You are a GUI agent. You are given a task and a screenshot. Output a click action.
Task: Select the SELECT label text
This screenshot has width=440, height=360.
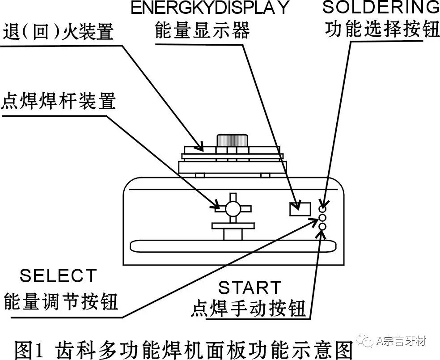coord(58,275)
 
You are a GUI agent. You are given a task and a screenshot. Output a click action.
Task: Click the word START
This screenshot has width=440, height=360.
coord(250,288)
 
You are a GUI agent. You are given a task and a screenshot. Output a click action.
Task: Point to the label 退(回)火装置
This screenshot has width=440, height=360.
coord(58,32)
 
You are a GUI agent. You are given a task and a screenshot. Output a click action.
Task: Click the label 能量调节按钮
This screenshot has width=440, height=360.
coord(61,302)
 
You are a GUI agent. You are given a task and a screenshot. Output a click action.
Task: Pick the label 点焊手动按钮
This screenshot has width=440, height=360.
coord(250,309)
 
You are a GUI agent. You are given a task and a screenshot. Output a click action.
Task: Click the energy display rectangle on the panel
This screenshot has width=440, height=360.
coord(300,209)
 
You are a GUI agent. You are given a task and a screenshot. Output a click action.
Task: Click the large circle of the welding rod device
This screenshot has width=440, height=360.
coord(233,208)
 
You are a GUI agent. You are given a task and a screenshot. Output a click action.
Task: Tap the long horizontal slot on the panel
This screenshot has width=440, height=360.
coord(233,245)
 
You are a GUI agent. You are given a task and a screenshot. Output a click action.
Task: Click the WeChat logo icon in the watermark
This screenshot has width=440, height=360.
coord(368,342)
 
